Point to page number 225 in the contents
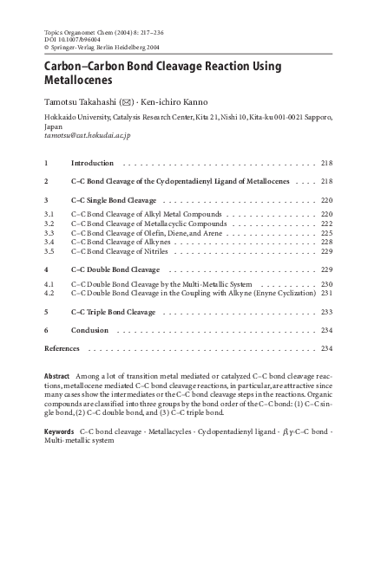tap(326, 233)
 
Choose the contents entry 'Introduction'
tap(91, 163)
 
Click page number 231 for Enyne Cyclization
tap(326, 293)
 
